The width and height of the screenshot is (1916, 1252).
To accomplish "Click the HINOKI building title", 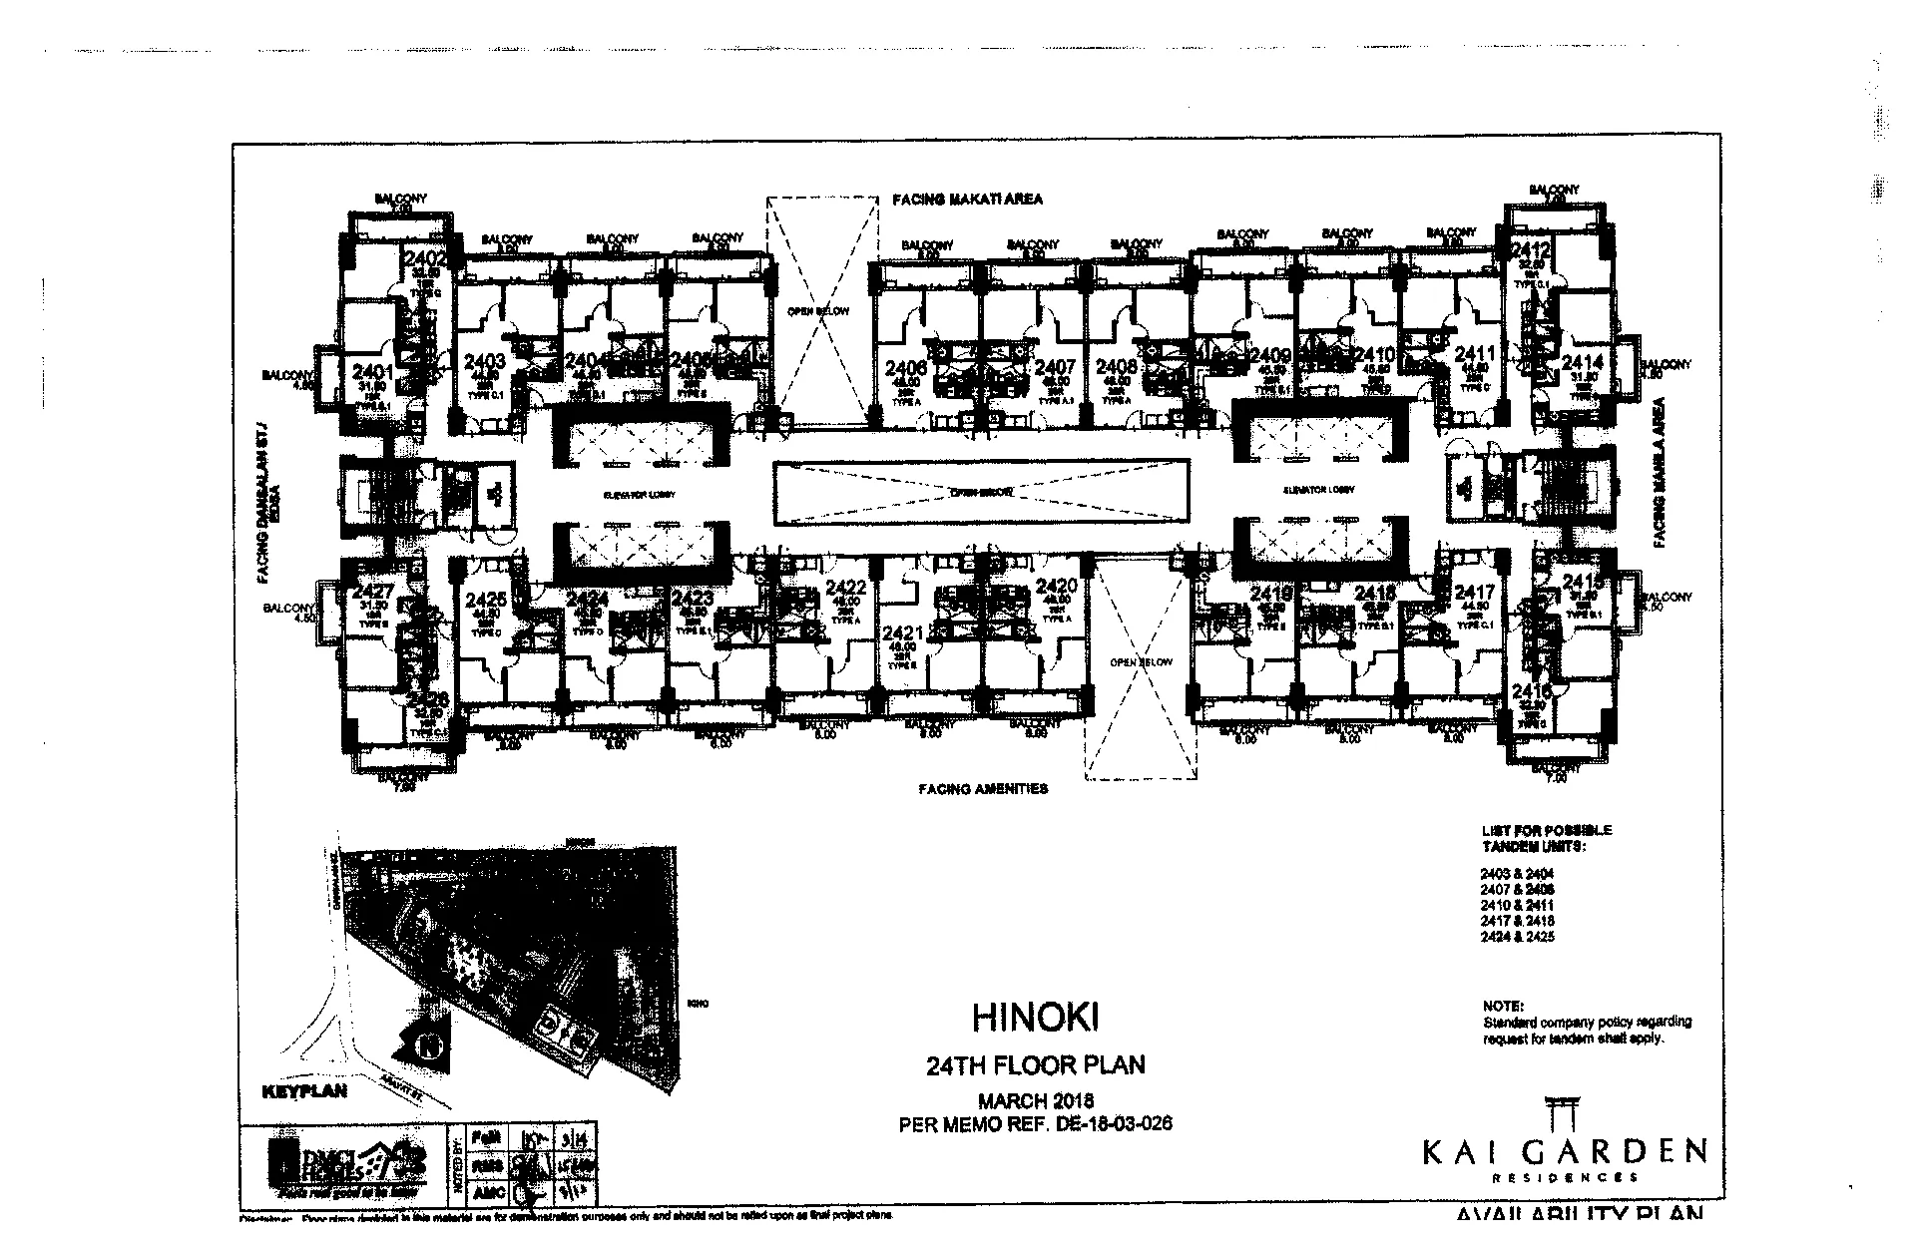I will (x=1035, y=1018).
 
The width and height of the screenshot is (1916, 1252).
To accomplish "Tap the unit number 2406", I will (x=905, y=367).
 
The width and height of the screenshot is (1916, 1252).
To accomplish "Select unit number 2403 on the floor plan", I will (x=485, y=361).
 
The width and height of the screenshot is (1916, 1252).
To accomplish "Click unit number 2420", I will (x=1057, y=586).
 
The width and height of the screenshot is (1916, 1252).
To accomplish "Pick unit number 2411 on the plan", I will (x=1474, y=354).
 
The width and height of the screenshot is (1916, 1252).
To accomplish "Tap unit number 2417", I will (x=1474, y=592).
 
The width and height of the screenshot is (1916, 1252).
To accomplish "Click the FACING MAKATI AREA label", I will (x=966, y=200).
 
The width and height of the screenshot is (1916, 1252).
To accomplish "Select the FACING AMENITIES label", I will (x=983, y=789).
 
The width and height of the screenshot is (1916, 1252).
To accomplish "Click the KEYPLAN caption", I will (x=303, y=1091).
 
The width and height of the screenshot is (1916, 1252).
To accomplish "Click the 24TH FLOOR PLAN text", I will (x=1035, y=1065).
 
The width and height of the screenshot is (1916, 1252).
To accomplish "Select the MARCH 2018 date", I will (x=1035, y=1101).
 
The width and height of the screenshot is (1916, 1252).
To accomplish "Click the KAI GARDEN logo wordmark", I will (x=1564, y=1152).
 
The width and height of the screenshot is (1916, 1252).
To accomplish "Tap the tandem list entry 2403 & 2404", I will (x=1517, y=873).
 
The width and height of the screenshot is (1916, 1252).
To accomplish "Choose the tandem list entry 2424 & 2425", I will (x=1517, y=937).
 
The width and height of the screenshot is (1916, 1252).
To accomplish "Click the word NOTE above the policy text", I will (x=1503, y=1007).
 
